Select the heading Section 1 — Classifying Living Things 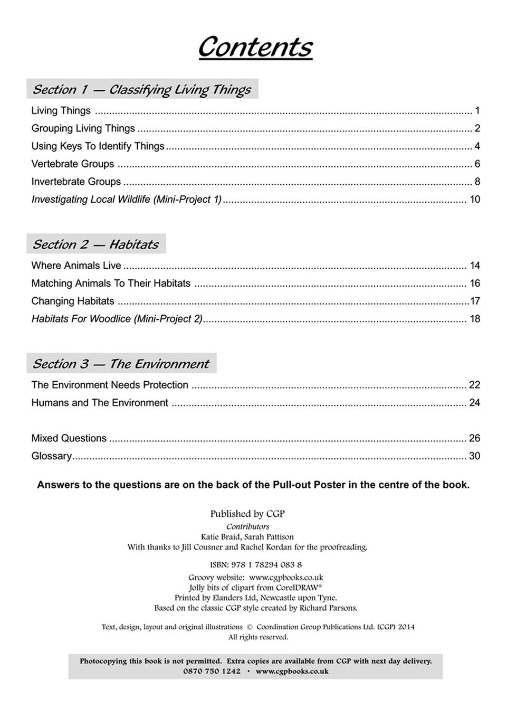[x=141, y=89]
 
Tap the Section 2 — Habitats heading [x=95, y=244]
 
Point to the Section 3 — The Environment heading [x=121, y=364]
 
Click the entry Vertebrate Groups [x=73, y=164]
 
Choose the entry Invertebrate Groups [x=76, y=182]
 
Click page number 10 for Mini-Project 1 [x=474, y=200]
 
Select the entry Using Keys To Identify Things [x=98, y=146]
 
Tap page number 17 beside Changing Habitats [x=475, y=301]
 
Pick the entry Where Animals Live [x=76, y=266]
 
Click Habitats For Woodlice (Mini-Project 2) [x=117, y=319]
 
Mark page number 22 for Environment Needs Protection [x=474, y=385]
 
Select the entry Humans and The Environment [x=100, y=403]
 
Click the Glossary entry [x=52, y=456]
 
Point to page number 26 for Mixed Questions [x=474, y=438]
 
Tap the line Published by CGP [x=247, y=514]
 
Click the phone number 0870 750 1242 [x=212, y=672]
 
